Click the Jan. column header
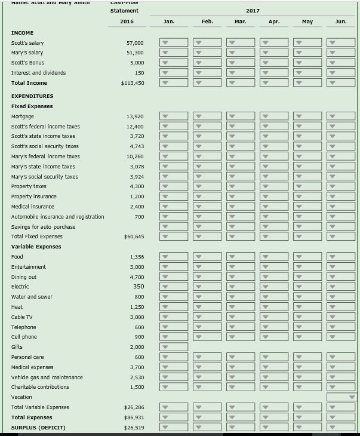[x=169, y=22]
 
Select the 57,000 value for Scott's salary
[x=134, y=43]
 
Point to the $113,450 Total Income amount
[x=132, y=83]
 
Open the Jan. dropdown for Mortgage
[x=174, y=116]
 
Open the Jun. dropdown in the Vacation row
[x=341, y=397]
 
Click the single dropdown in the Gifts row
[x=174, y=347]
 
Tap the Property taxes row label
[x=29, y=186]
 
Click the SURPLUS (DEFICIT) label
[x=38, y=428]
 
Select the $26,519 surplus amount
[x=134, y=428]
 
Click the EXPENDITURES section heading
[x=32, y=96]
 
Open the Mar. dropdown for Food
[x=241, y=257]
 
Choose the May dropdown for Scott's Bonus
[x=307, y=63]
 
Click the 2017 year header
[x=252, y=11]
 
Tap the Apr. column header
[x=274, y=22]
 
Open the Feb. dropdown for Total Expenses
[x=207, y=417]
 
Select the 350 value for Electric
[x=139, y=287]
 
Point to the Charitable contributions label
[x=40, y=387]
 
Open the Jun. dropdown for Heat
[x=341, y=307]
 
